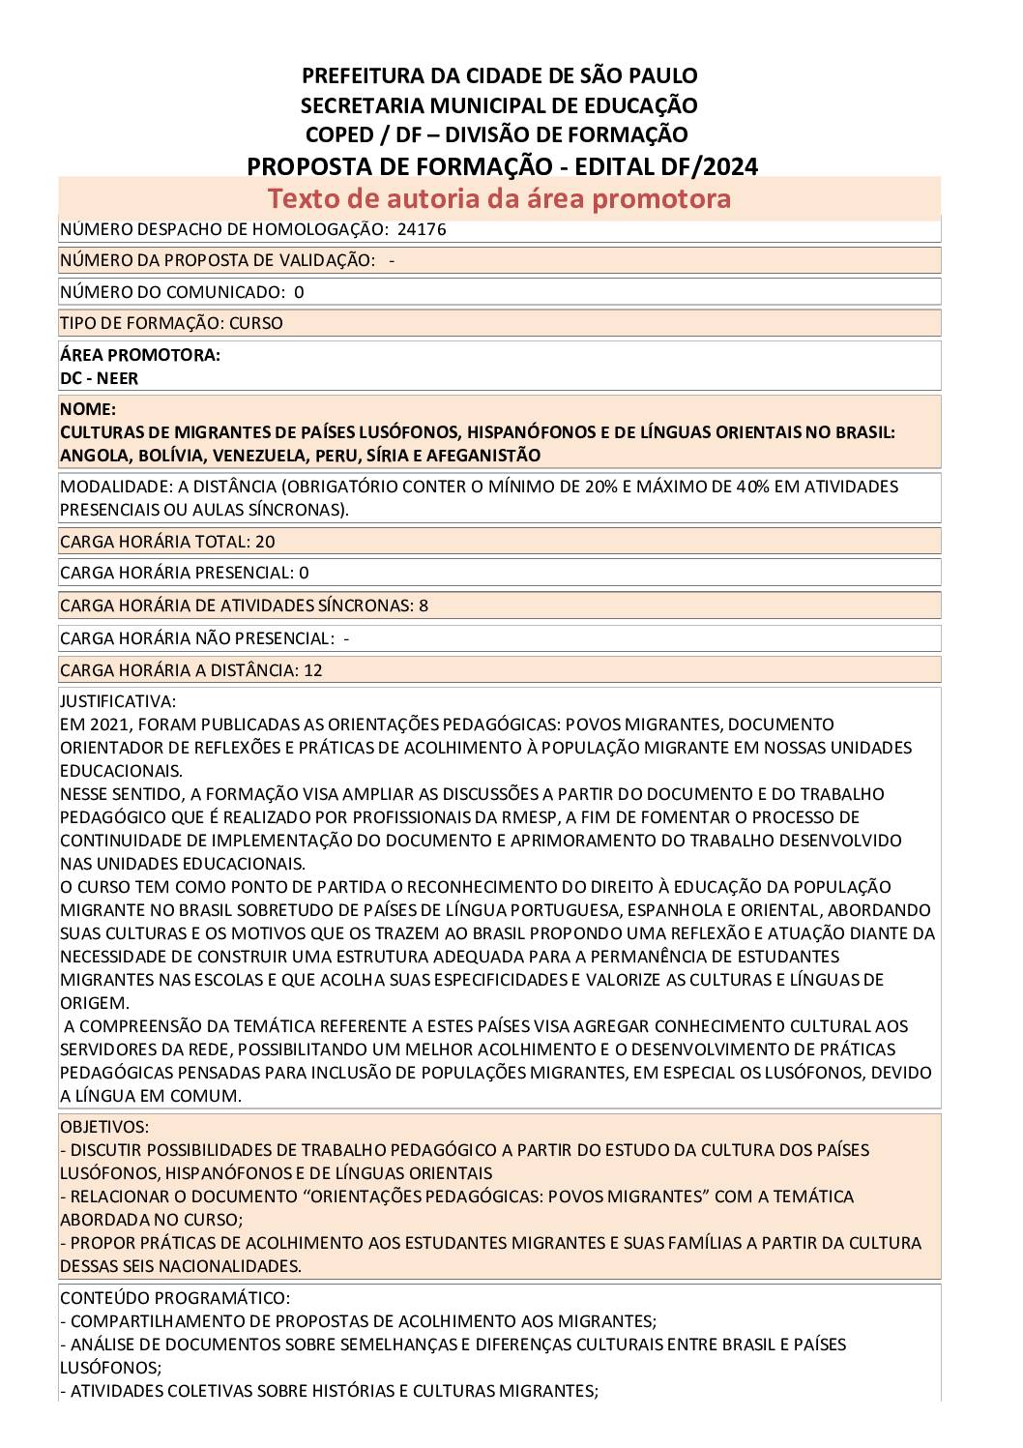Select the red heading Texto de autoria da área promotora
pos(499,198)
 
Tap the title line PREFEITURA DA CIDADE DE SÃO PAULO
pos(499,75)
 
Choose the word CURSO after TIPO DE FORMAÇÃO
pos(256,323)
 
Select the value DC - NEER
pos(99,378)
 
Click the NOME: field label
pos(87,409)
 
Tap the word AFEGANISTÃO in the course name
pos(482,456)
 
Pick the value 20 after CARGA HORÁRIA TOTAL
pos(265,542)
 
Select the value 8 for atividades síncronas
pos(423,606)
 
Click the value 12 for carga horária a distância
pos(312,670)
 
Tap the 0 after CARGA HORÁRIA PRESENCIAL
pos(304,573)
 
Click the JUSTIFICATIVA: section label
pos(118,701)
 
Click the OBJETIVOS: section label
pos(104,1127)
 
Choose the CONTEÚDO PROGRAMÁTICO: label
pos(174,1298)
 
